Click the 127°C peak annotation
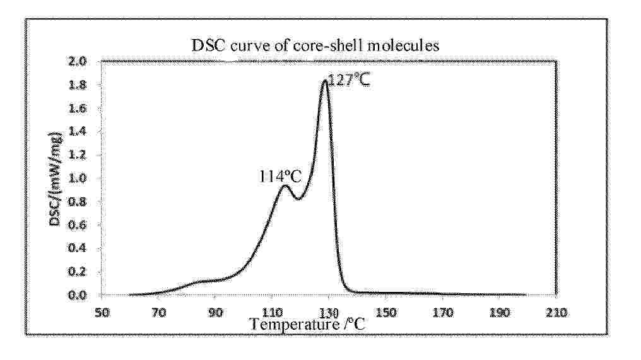pyautogui.click(x=349, y=79)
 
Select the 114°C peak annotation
pyautogui.click(x=280, y=177)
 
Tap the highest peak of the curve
pyautogui.click(x=324, y=81)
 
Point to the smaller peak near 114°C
pyautogui.click(x=285, y=186)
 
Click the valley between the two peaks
pyautogui.click(x=298, y=199)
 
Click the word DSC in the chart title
pyautogui.click(x=208, y=45)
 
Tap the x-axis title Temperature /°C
pyautogui.click(x=307, y=324)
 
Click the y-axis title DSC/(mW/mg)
pyautogui.click(x=56, y=178)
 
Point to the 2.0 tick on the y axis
pyautogui.click(x=78, y=61)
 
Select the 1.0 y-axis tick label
pyautogui.click(x=78, y=178)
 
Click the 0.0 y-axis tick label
pyautogui.click(x=78, y=295)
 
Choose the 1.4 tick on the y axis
pyautogui.click(x=78, y=132)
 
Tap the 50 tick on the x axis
pyautogui.click(x=102, y=313)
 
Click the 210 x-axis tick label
pyautogui.click(x=556, y=313)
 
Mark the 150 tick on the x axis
pyautogui.click(x=386, y=313)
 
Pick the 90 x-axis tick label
pyautogui.click(x=215, y=313)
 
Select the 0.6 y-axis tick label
pyautogui.click(x=78, y=224)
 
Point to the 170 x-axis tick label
pyautogui.click(x=443, y=313)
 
